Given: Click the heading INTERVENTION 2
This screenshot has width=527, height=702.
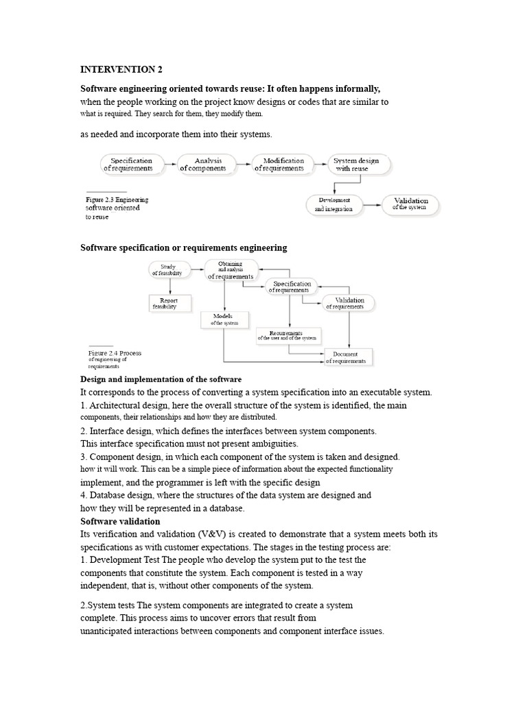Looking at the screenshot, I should (121, 70).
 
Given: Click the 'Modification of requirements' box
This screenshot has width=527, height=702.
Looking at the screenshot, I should (279, 165).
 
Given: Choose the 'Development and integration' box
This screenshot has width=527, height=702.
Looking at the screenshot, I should (334, 204).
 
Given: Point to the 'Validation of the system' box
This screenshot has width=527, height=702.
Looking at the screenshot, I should (410, 204).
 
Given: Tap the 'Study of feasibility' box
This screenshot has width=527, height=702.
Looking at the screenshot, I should (168, 269).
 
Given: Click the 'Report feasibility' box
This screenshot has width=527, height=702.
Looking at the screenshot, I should (168, 303).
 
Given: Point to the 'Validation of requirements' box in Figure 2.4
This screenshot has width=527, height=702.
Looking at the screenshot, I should (349, 303).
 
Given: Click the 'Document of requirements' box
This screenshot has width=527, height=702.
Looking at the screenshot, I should (346, 357).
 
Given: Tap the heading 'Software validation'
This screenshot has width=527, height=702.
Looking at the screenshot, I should (120, 522).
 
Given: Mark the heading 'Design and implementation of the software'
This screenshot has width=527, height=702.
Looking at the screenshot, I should (161, 379).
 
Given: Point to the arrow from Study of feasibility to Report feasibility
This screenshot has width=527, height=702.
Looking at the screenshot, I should (168, 286).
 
